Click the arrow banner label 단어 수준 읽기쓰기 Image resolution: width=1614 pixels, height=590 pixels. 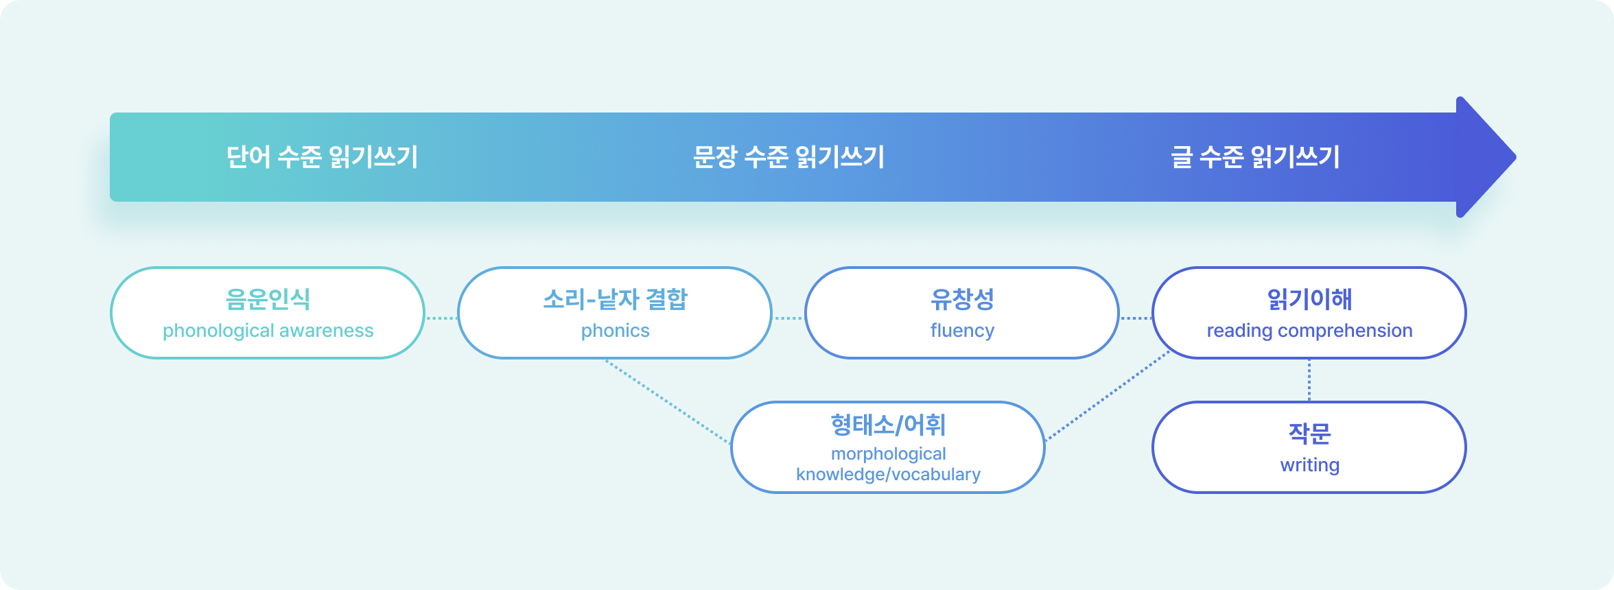pyautogui.click(x=322, y=157)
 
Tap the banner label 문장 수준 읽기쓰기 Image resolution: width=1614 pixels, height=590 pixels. pyautogui.click(x=788, y=157)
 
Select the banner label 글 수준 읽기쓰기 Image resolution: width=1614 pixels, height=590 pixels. pyautogui.click(x=1255, y=157)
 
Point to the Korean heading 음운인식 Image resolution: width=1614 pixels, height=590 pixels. pyautogui.click(x=268, y=299)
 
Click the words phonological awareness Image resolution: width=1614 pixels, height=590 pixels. pyautogui.click(x=268, y=331)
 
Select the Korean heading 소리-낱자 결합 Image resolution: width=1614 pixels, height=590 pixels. pyautogui.click(x=615, y=299)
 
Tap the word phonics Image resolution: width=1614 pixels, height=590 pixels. pyautogui.click(x=615, y=331)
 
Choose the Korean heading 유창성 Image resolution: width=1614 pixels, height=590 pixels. pyautogui.click(x=962, y=299)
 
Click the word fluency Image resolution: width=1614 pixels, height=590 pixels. pyautogui.click(x=962, y=331)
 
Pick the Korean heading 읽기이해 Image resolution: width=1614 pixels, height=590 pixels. pyautogui.click(x=1309, y=299)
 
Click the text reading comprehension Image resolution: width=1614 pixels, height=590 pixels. pyautogui.click(x=1309, y=331)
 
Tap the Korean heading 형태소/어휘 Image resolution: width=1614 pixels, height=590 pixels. pyautogui.click(x=888, y=425)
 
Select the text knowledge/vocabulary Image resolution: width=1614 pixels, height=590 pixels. pyautogui.click(x=888, y=475)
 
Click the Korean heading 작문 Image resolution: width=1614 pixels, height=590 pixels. pyautogui.click(x=1309, y=434)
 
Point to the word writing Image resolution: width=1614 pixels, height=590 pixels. pyautogui.click(x=1309, y=465)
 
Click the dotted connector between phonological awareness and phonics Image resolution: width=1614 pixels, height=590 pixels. pyautogui.click(x=441, y=318)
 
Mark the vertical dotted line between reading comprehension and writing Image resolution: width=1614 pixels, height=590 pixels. pyautogui.click(x=1309, y=380)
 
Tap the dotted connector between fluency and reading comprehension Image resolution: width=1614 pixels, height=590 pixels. pyautogui.click(x=1136, y=318)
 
